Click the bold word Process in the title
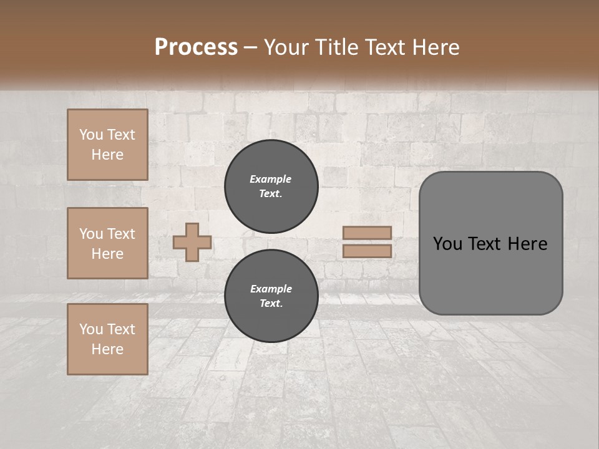[x=196, y=47]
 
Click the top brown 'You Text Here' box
[x=107, y=145]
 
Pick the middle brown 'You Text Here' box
[x=107, y=243]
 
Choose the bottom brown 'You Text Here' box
[x=107, y=339]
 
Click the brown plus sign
[x=192, y=242]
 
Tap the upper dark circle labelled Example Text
[x=271, y=186]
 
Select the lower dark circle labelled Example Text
[x=271, y=296]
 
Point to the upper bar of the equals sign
[x=367, y=233]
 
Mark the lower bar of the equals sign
[x=367, y=251]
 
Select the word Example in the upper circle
[x=271, y=179]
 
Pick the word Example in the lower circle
[x=271, y=289]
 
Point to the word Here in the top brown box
[x=107, y=155]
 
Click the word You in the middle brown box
[x=91, y=234]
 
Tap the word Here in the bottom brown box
[x=107, y=349]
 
